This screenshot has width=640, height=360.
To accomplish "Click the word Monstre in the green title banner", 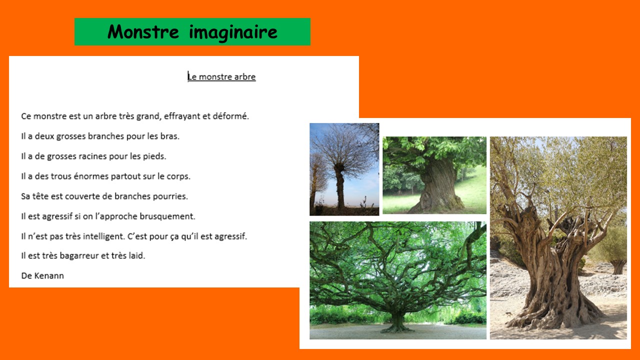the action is coord(143,31).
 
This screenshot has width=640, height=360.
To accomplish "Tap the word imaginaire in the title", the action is coord(233,32).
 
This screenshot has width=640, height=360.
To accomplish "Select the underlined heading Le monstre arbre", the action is coord(221,76).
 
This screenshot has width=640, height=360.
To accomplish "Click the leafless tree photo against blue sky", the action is coord(344,169).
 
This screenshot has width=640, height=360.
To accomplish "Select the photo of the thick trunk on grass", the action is coord(434,175).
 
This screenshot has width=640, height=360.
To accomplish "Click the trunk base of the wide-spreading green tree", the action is coord(397,323).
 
